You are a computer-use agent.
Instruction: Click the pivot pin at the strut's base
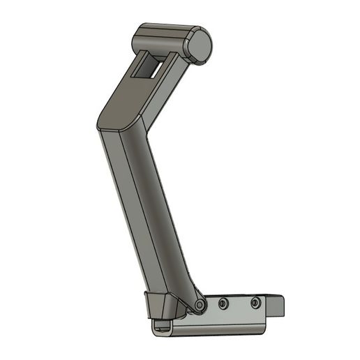200,306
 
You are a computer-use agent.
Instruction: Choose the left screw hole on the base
223,303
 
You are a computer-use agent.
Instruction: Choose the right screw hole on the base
255,303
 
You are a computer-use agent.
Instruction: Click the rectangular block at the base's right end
279,306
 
